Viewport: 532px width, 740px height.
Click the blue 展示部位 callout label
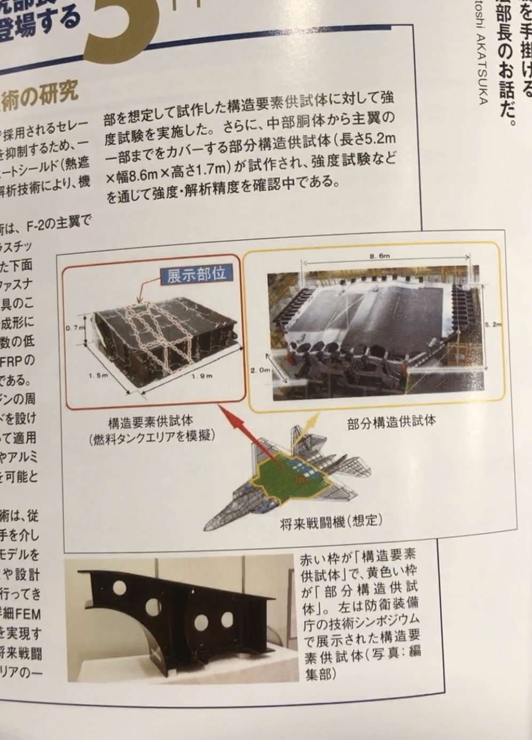pos(196,275)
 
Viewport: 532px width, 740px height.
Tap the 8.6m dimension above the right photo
pos(379,256)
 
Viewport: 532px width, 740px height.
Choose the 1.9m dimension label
pos(202,376)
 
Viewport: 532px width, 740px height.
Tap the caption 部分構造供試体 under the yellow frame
pos(391,421)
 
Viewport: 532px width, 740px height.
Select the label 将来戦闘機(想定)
pos(331,521)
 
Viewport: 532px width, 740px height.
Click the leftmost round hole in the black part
pos(119,588)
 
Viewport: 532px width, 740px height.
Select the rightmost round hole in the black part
pos(227,619)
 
